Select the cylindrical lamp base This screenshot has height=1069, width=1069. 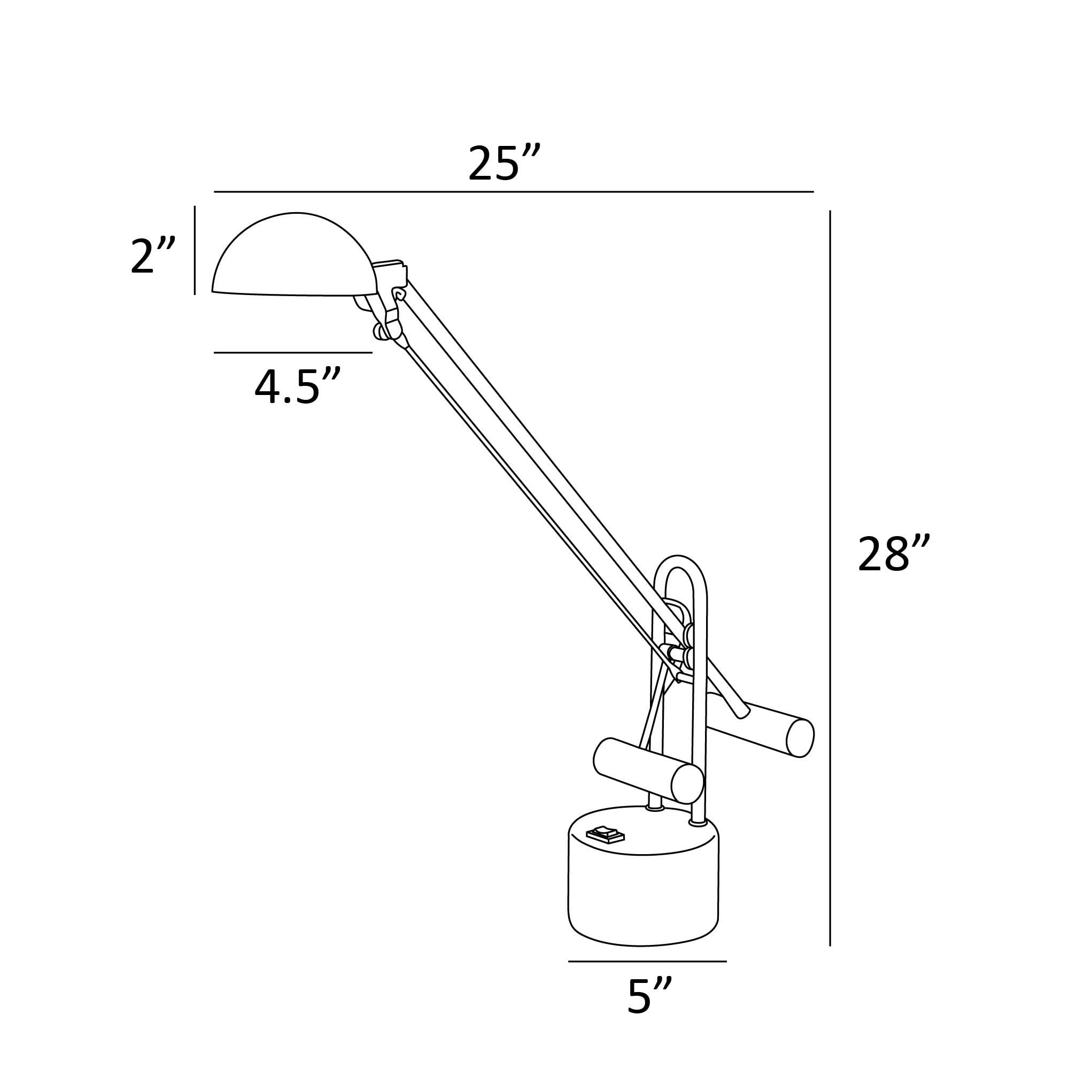click(x=643, y=896)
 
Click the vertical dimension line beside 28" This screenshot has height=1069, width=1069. click(x=830, y=609)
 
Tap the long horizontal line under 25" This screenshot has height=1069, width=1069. click(x=514, y=191)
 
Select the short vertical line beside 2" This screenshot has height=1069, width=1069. click(x=195, y=250)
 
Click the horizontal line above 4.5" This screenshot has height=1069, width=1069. click(x=293, y=352)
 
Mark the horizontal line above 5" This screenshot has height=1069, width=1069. click(x=647, y=962)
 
